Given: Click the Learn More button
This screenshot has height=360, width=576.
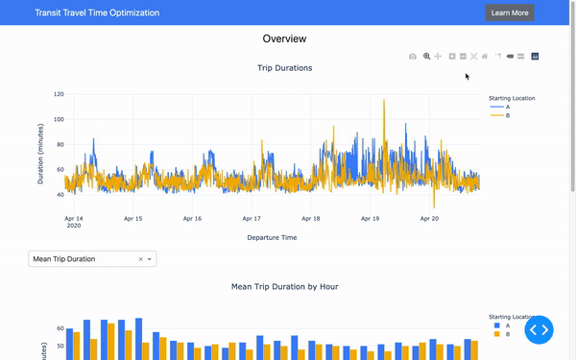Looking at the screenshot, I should click(510, 12).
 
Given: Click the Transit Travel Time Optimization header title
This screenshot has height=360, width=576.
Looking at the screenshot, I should click(97, 13).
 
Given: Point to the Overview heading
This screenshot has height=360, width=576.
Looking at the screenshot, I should click(284, 39).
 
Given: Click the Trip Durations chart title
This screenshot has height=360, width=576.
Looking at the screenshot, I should click(284, 68).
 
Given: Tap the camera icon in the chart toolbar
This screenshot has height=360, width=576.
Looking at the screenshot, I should click(413, 57).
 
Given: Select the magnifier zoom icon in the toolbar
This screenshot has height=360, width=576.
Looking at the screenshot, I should click(426, 57).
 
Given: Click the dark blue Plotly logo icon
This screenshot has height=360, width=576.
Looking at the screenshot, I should click(535, 57).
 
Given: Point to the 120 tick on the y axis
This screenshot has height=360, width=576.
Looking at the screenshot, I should click(59, 95).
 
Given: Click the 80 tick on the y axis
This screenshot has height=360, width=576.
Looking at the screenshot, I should click(60, 145).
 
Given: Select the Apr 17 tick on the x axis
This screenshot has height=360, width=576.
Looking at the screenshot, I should click(252, 219).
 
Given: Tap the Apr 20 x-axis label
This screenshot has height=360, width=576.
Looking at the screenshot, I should click(429, 219).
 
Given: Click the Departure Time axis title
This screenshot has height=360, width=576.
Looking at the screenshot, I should click(272, 237).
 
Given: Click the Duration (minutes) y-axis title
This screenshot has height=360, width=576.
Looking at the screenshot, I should click(41, 154).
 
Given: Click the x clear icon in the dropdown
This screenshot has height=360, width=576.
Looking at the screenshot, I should click(140, 259).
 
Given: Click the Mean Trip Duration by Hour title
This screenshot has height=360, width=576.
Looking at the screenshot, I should click(284, 286).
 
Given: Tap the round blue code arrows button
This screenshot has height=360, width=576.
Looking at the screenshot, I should click(539, 329).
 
